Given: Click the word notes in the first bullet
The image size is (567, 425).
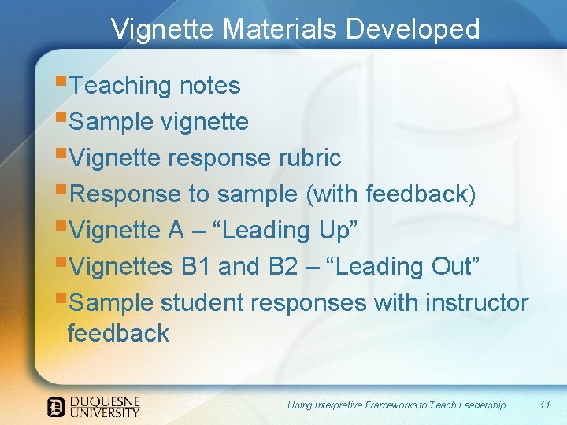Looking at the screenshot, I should point(209,85).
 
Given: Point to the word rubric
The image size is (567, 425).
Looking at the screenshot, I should point(309,157).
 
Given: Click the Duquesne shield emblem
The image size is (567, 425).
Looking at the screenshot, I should point(56,406).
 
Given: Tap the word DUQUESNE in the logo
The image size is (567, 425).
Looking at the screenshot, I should point(105,401).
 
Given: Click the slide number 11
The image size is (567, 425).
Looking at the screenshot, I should point(544,405).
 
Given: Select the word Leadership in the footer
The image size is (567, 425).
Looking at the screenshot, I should point(478,405).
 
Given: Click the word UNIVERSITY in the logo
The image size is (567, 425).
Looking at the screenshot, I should point(105,412).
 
